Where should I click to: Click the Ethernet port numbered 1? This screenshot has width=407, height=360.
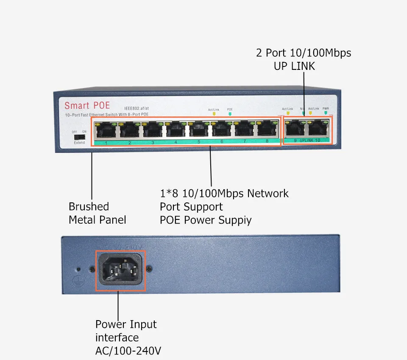(104, 130)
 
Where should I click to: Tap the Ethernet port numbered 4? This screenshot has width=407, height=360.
(174, 130)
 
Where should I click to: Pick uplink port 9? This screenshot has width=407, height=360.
(295, 129)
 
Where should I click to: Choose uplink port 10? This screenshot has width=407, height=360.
(318, 129)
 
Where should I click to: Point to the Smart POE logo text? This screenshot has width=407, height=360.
(87, 105)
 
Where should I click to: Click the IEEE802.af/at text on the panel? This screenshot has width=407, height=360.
(137, 108)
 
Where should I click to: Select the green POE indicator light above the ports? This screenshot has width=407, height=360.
(230, 114)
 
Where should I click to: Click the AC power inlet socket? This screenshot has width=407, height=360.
(120, 270)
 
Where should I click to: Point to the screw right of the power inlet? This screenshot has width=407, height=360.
(149, 269)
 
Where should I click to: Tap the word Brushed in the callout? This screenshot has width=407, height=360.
(89, 207)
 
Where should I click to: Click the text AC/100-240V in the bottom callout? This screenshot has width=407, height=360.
(128, 351)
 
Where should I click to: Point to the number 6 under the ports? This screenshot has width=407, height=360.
(221, 142)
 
